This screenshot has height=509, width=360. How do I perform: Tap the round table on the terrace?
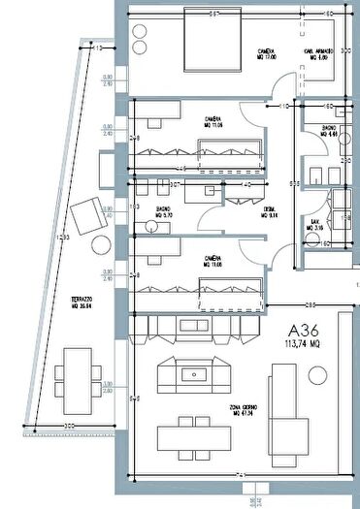101,242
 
